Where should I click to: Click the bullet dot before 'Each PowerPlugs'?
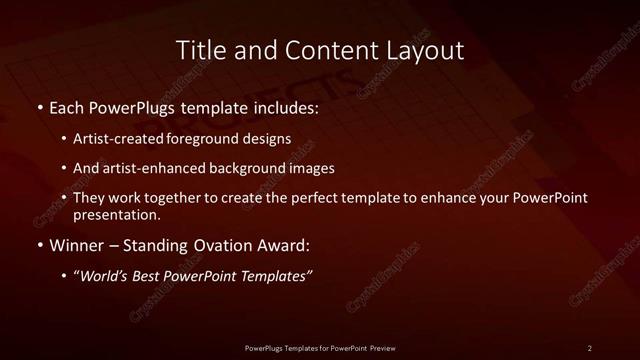39,106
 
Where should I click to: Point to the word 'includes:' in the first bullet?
286,106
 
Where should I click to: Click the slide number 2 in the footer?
590,347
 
